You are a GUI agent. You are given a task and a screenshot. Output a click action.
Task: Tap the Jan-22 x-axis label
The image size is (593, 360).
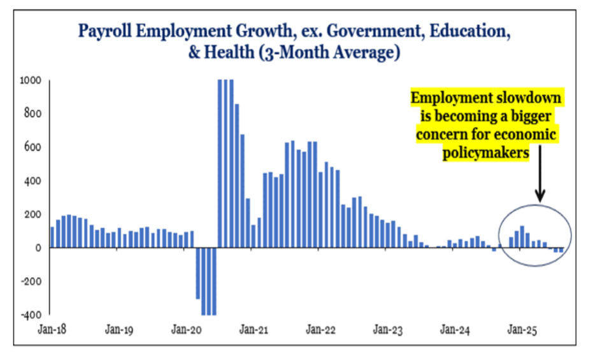pyautogui.click(x=320, y=330)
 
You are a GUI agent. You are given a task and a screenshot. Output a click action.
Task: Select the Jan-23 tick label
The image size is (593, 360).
pyautogui.click(x=388, y=330)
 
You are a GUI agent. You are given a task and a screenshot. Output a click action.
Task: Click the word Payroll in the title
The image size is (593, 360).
pyautogui.click(x=104, y=31)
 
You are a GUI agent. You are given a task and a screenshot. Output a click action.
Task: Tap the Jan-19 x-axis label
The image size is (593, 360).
pyautogui.click(x=118, y=330)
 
